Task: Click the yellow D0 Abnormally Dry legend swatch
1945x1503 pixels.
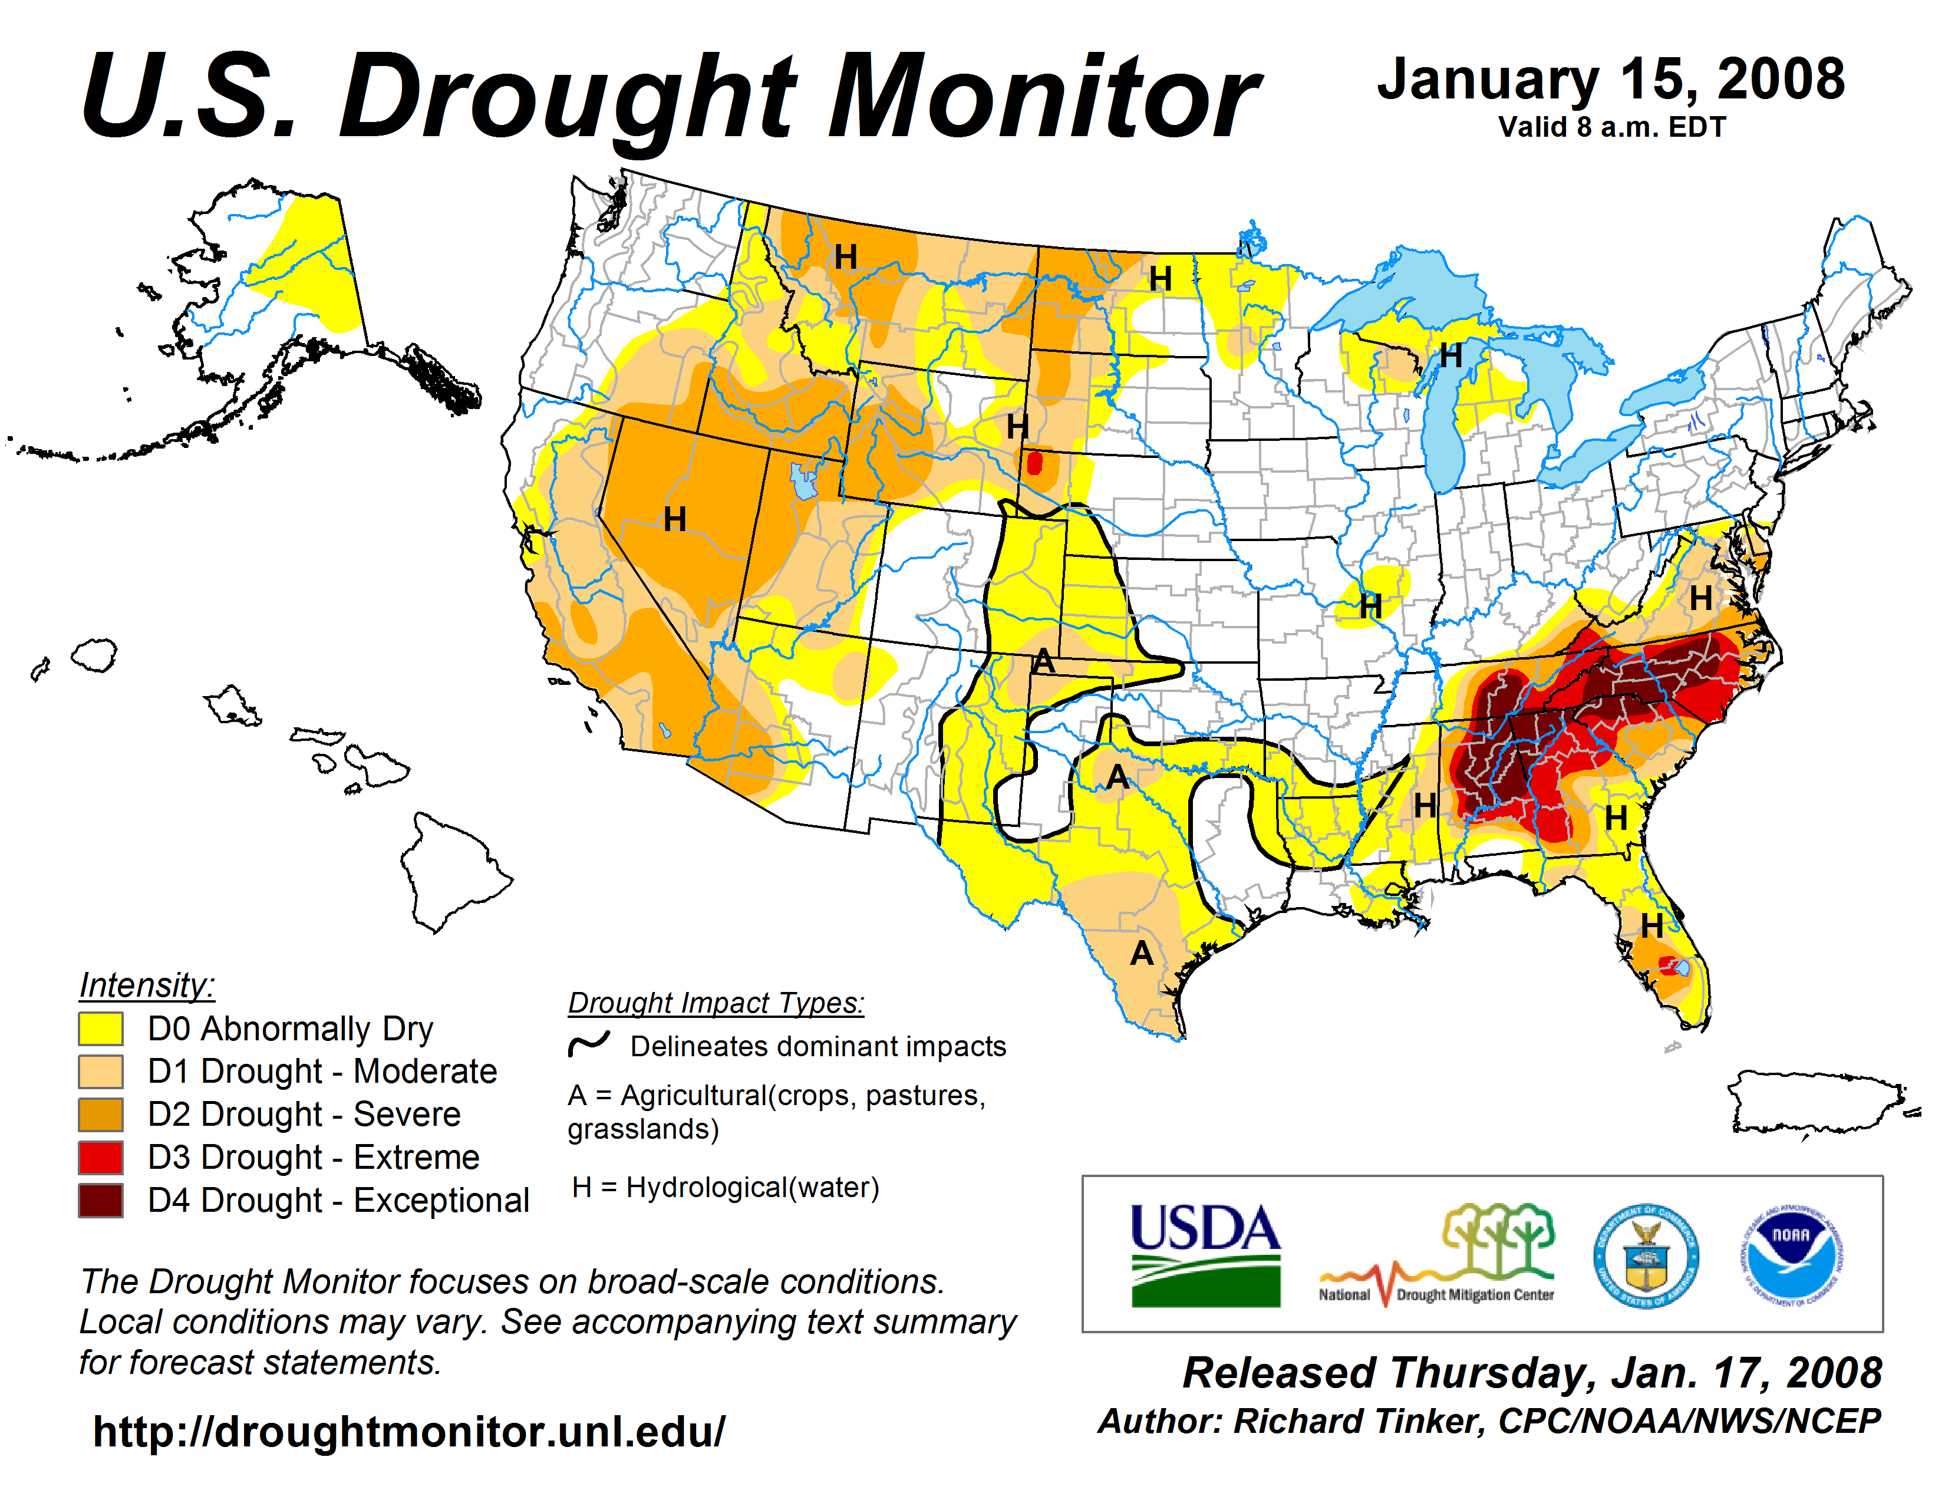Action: point(101,1029)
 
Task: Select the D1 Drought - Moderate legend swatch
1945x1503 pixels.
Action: point(101,1071)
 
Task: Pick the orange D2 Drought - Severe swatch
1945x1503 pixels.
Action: point(101,1114)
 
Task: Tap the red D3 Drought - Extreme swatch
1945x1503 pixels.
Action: point(101,1156)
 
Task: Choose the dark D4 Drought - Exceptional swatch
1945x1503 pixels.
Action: point(101,1199)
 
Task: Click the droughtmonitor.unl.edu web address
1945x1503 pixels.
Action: point(409,1432)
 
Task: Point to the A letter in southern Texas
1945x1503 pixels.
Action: point(1141,954)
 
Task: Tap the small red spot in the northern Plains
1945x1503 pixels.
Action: point(1034,463)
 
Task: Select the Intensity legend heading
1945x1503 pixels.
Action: point(147,985)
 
